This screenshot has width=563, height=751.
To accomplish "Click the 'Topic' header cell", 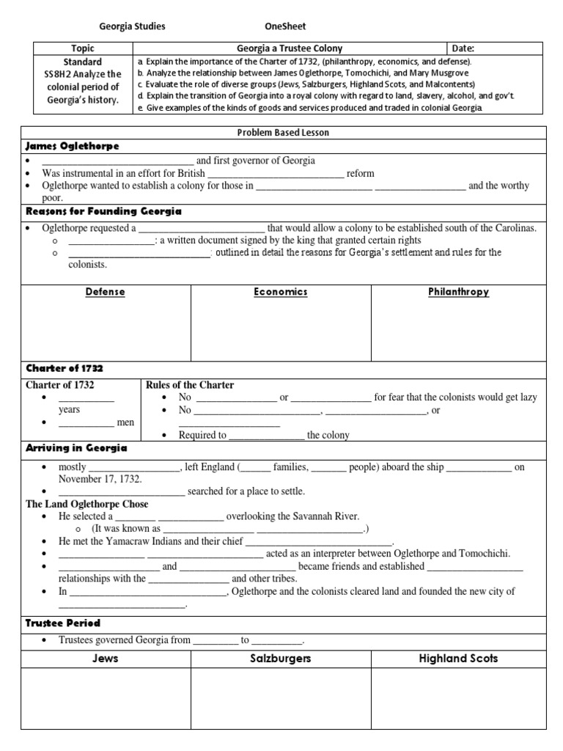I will [x=83, y=48].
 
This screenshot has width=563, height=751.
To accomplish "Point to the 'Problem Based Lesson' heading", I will [x=283, y=133].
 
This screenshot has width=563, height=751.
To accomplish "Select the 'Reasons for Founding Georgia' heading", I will [x=103, y=211].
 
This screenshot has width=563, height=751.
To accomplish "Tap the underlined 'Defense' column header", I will [x=106, y=292].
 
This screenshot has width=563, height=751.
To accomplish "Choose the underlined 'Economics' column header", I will [x=281, y=292].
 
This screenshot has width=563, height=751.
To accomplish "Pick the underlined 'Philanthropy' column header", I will [x=458, y=292].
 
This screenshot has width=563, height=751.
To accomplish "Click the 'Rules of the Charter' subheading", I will [x=190, y=385].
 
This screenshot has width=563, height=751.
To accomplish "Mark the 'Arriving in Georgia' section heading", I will [x=76, y=448].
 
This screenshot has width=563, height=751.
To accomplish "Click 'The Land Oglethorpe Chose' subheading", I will [x=87, y=504].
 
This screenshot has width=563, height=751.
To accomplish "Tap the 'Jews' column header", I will [x=106, y=659].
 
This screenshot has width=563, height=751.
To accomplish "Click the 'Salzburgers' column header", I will [x=281, y=659].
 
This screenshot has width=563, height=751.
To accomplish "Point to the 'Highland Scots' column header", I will [x=458, y=659].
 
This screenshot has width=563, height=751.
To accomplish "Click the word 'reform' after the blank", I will [x=361, y=174].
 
